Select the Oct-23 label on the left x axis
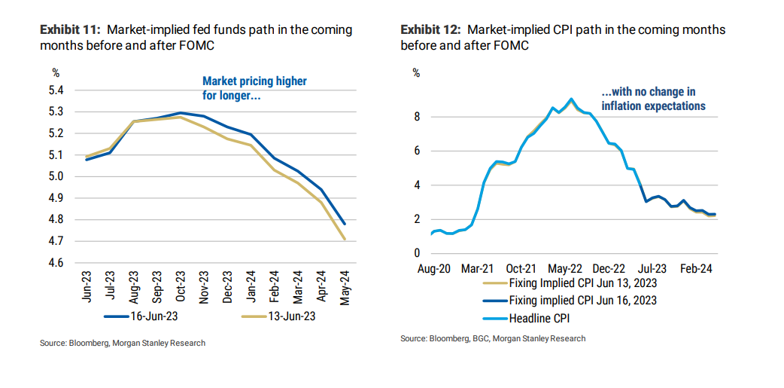tap(181, 287)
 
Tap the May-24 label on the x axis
tap(345, 287)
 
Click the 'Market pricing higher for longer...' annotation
tap(254, 88)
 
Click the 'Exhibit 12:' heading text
tap(431, 30)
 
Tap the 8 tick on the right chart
tap(417, 117)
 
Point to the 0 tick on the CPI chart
tap(417, 253)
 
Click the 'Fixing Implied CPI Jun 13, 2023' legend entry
tap(572, 283)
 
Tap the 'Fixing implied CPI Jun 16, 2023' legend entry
tap(572, 301)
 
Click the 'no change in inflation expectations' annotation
tap(653, 99)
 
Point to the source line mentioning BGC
tap(493, 339)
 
